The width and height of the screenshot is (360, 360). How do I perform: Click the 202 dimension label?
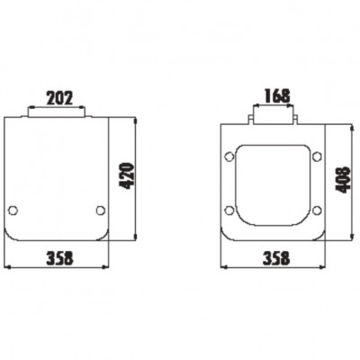pyautogui.click(x=59, y=98)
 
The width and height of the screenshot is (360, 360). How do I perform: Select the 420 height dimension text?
pyautogui.click(x=126, y=175)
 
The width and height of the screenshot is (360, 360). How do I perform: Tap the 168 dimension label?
pyautogui.click(x=277, y=95)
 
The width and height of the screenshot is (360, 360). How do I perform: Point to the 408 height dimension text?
pyautogui.click(x=343, y=180)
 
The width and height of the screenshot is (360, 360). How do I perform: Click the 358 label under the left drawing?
pyautogui.click(x=59, y=258)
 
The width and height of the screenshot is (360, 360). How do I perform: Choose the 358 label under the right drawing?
pyautogui.click(x=276, y=258)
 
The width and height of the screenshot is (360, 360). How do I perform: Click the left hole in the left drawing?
pyautogui.click(x=13, y=210)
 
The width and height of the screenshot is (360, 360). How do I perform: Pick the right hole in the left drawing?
pyautogui.click(x=101, y=210)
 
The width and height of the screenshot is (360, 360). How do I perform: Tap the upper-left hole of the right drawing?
pyautogui.click(x=229, y=157)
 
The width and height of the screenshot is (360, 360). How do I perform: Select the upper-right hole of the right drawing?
pyautogui.click(x=317, y=157)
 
